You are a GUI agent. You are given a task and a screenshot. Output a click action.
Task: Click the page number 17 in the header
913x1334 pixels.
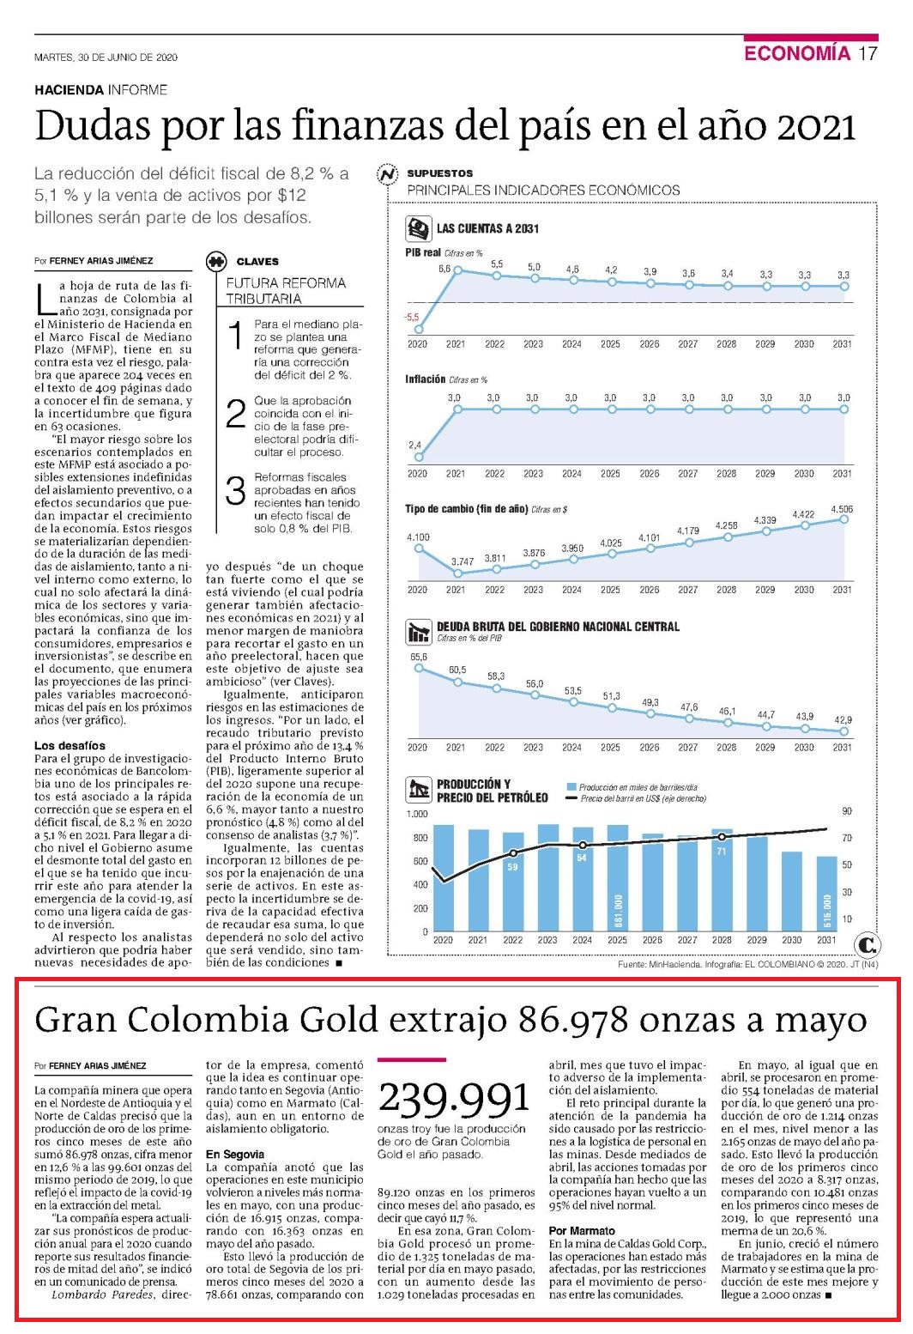click(868, 53)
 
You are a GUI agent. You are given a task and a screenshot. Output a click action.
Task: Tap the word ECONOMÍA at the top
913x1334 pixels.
click(797, 53)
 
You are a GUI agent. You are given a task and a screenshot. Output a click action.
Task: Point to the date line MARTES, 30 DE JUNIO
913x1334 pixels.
click(106, 58)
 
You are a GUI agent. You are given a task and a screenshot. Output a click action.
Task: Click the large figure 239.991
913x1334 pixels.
click(454, 1097)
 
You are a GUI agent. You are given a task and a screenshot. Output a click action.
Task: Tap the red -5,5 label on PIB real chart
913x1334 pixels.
click(412, 318)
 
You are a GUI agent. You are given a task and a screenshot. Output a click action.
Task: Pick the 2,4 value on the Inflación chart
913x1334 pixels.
click(414, 445)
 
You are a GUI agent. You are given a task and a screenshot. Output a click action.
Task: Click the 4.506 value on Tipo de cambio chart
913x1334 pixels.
click(842, 509)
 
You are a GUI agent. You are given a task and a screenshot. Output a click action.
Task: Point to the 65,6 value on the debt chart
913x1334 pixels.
click(419, 657)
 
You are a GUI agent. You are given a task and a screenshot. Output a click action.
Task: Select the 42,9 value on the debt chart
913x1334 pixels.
click(843, 720)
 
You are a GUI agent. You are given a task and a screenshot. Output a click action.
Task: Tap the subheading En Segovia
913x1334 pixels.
click(234, 1154)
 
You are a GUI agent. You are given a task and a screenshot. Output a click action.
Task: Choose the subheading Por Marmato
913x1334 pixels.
click(582, 1230)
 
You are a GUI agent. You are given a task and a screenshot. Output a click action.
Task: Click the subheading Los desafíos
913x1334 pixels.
click(70, 745)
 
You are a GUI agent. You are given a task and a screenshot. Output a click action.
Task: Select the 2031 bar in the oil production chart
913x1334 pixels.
click(826, 894)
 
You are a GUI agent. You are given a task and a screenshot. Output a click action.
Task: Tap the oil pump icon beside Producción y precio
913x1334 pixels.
click(418, 791)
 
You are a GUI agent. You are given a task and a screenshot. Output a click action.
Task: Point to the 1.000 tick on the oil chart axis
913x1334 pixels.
click(417, 814)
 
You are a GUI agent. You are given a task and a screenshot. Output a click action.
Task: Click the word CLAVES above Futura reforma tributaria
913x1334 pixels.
click(257, 262)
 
